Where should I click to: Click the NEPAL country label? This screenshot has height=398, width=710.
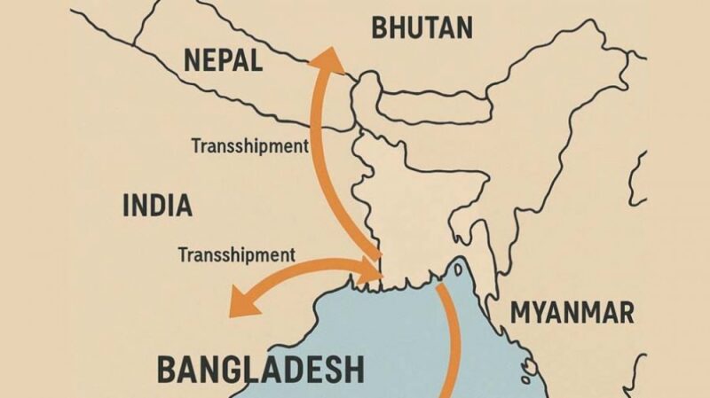pos(222,60)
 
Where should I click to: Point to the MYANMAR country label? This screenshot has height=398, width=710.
pos(572,312)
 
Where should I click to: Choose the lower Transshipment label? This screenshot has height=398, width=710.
pos(236,254)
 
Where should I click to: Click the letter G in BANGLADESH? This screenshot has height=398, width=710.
pos(238,368)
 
